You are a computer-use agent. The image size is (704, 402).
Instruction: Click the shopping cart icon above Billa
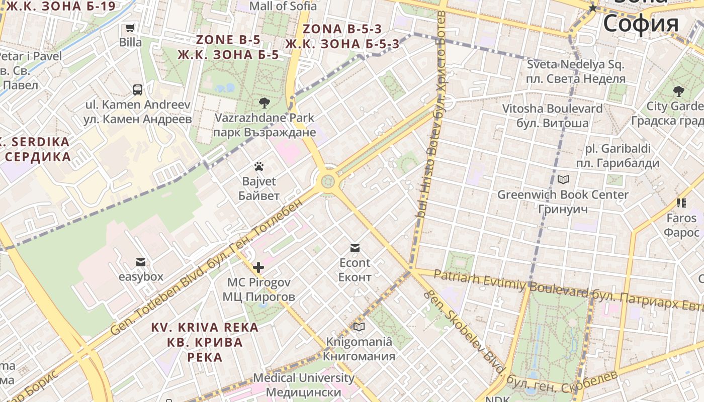click(130, 28)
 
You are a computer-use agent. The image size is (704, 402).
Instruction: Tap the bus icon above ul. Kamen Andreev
click(138, 90)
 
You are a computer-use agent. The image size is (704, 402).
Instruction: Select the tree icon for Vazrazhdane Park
click(264, 103)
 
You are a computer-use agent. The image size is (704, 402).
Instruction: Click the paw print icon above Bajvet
click(259, 166)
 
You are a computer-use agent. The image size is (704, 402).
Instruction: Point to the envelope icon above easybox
click(141, 262)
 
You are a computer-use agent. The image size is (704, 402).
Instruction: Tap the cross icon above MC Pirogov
click(258, 267)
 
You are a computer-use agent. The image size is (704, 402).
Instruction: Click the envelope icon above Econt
click(355, 248)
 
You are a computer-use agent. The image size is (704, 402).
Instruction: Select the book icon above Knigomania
click(359, 327)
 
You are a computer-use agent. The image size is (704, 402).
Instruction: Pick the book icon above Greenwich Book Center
click(563, 179)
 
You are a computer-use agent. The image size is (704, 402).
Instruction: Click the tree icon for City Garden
click(678, 91)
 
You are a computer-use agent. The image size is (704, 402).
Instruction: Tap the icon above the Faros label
click(681, 203)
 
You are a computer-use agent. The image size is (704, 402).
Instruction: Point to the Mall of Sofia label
click(283, 6)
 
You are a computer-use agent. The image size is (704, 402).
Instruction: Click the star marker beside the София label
click(593, 8)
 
